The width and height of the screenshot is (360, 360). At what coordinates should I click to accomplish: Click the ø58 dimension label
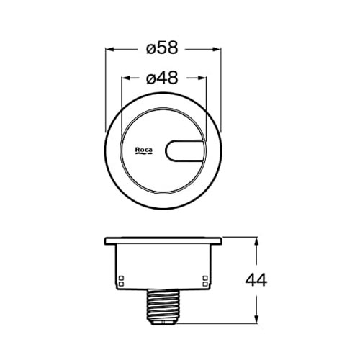[x=162, y=48]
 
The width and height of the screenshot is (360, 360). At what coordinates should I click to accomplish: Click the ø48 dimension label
[x=162, y=78]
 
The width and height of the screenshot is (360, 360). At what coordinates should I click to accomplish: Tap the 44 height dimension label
[x=256, y=280]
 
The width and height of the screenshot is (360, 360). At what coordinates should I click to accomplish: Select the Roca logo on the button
[x=144, y=150]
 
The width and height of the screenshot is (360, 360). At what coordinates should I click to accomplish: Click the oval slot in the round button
[x=184, y=150]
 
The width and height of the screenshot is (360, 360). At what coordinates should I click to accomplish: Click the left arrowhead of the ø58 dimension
[x=109, y=50]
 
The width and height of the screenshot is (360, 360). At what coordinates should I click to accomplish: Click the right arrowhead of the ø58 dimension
[x=217, y=50]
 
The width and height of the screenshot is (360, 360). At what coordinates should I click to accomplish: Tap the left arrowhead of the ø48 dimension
[x=126, y=78]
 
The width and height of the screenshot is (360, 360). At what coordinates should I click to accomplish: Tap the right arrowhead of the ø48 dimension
[x=202, y=78]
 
